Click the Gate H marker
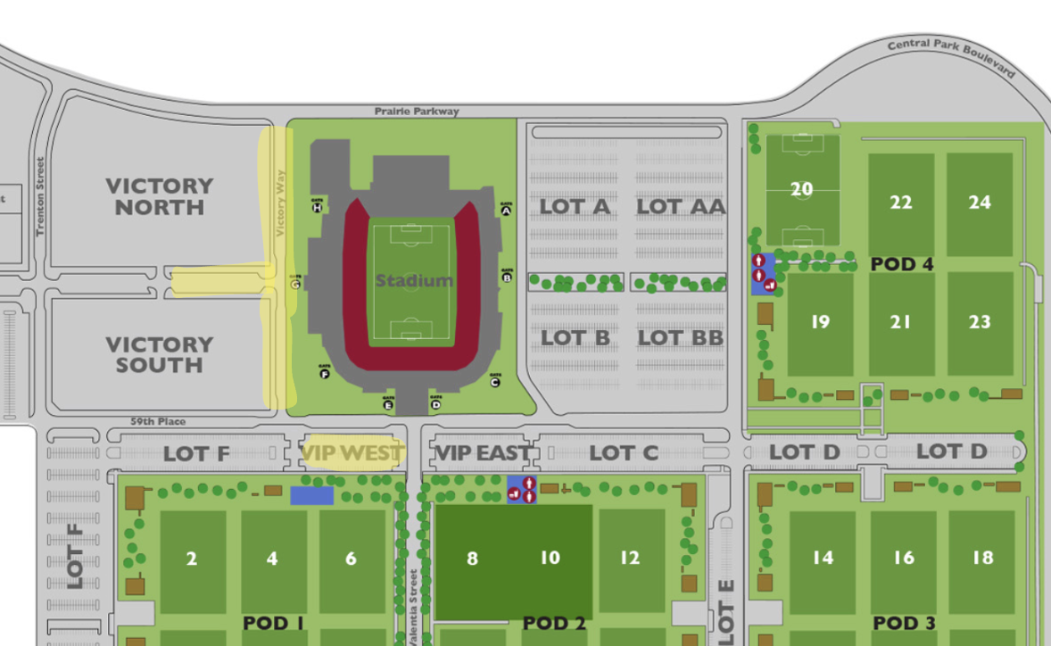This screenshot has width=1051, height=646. click(317, 208)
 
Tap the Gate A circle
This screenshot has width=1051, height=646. click(506, 211)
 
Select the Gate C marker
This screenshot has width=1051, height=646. click(495, 382)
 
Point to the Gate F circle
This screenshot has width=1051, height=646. click(324, 374)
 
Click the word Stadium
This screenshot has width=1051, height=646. click(414, 281)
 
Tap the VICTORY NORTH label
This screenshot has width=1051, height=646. click(160, 196)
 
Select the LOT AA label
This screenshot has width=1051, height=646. click(681, 207)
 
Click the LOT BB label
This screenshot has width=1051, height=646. click(680, 337)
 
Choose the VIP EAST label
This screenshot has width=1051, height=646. click(482, 453)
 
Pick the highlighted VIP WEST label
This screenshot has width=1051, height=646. click(352, 453)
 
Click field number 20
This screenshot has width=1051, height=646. click(802, 188)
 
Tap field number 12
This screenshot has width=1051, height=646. click(630, 558)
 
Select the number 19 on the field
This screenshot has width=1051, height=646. click(820, 322)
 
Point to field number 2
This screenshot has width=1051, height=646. click(192, 559)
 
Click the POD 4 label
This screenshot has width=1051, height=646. click(901, 264)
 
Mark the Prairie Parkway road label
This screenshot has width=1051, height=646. click(418, 112)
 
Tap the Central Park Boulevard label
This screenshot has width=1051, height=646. click(952, 57)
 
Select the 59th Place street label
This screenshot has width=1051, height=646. click(158, 421)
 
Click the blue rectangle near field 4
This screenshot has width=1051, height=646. click(311, 495)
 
